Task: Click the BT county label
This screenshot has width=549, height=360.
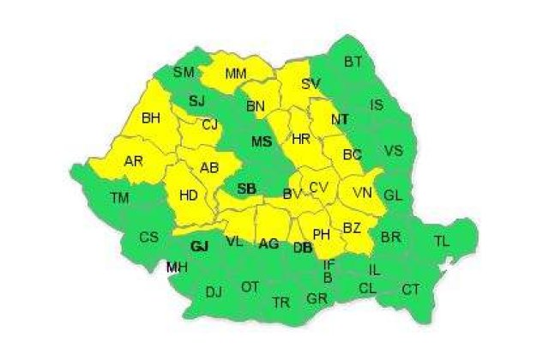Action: pyautogui.click(x=353, y=62)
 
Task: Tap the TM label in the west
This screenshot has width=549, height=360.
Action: pyautogui.click(x=120, y=198)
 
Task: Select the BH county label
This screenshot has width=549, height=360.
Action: pyautogui.click(x=152, y=117)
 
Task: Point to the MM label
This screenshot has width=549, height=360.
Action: pyautogui.click(x=236, y=75)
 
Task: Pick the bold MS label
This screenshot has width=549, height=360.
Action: pyautogui.click(x=262, y=141)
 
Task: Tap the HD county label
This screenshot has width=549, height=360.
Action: pyautogui.click(x=190, y=196)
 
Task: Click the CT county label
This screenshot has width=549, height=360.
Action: pyautogui.click(x=411, y=289)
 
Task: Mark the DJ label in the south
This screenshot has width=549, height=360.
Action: pyautogui.click(x=214, y=291)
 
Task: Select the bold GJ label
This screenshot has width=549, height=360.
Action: pyautogui.click(x=200, y=246)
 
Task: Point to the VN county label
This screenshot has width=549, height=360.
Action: pyautogui.click(x=362, y=194)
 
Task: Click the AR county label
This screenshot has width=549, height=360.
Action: pyautogui.click(x=134, y=161)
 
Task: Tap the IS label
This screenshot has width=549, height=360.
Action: pyautogui.click(x=377, y=105)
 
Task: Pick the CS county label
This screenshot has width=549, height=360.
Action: pyautogui.click(x=149, y=237)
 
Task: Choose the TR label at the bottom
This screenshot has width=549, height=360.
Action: pyautogui.click(x=281, y=302)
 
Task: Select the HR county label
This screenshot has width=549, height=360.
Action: pyautogui.click(x=300, y=139)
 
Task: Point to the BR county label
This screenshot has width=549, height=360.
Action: pyautogui.click(x=390, y=236)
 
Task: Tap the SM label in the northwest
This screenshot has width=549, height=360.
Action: pyautogui.click(x=184, y=72)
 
